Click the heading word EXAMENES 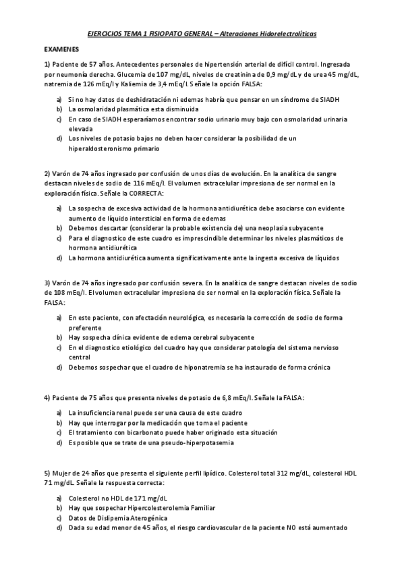pos(61,50)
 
